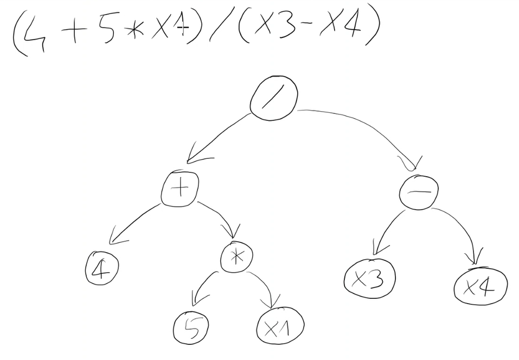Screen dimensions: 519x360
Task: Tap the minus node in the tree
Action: tap(418, 191)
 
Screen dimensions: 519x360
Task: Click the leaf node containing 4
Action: tap(102, 268)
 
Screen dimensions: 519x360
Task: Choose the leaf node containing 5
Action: tap(191, 327)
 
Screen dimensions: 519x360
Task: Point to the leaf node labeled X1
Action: tap(280, 326)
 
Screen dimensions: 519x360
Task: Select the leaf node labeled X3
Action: tap(369, 278)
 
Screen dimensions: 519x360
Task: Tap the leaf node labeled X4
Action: tap(480, 286)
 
